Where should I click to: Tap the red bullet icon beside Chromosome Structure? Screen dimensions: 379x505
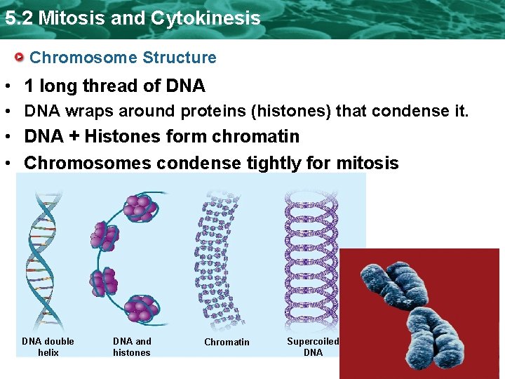[22, 57]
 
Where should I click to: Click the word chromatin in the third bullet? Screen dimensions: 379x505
[265, 136]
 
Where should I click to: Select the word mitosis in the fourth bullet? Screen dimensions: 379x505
[367, 164]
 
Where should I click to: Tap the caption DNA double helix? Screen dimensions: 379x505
[48, 347]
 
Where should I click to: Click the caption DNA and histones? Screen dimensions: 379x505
[132, 347]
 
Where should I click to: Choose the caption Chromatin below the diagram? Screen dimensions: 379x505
[227, 342]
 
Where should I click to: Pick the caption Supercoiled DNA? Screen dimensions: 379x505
[313, 347]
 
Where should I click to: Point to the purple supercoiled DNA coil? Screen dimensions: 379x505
[302, 260]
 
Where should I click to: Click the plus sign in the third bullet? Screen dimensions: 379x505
[76, 136]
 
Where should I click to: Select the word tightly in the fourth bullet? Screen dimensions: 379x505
[274, 164]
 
